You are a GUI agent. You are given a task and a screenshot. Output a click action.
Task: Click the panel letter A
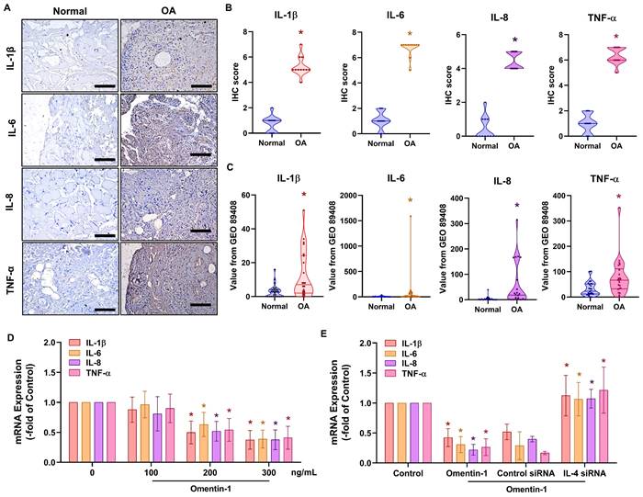point(6,7)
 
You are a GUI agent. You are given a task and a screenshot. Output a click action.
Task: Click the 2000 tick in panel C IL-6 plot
point(347,196)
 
